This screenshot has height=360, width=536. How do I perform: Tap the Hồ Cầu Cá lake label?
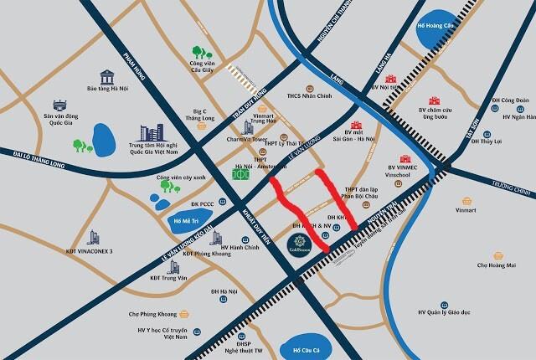(x=300, y=348)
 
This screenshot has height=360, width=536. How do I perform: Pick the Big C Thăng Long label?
(x=198, y=114)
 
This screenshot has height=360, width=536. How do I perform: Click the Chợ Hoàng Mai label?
(x=497, y=265)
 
